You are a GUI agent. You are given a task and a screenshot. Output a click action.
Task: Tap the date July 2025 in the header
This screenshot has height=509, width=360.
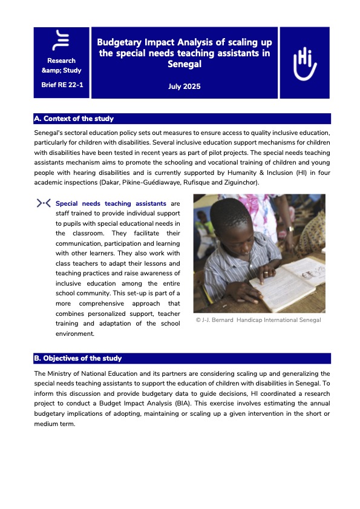184,87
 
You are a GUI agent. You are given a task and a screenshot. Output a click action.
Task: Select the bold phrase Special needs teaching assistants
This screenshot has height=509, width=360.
111,204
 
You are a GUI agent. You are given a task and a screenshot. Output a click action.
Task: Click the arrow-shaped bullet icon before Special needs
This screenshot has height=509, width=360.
44,203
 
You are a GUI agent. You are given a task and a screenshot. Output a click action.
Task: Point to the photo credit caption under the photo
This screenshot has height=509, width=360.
258,320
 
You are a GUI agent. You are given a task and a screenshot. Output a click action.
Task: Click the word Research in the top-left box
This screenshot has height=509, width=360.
62,61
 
